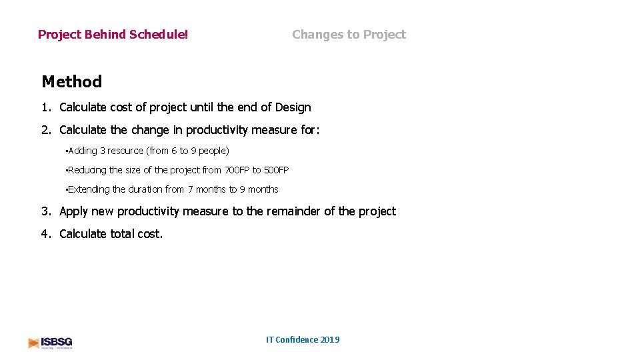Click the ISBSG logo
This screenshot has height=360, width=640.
(x=50, y=343)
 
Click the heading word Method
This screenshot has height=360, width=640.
(x=71, y=82)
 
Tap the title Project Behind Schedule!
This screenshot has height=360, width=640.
(x=113, y=35)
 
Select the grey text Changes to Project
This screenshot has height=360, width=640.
(x=349, y=35)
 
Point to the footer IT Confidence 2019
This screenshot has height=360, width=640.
(x=303, y=339)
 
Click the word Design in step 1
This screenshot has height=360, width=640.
(x=293, y=107)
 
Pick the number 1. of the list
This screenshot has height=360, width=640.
(x=46, y=107)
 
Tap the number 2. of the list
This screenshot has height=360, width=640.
(x=46, y=130)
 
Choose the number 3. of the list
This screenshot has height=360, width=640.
(x=46, y=211)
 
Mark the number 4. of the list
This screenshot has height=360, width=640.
(x=46, y=234)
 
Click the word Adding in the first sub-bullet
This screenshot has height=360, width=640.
(x=82, y=151)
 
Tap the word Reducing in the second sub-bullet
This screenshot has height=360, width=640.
(x=87, y=170)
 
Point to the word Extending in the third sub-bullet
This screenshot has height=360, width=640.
(x=88, y=189)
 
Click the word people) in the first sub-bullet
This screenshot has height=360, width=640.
(x=214, y=151)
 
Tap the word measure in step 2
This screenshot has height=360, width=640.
(x=274, y=130)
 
